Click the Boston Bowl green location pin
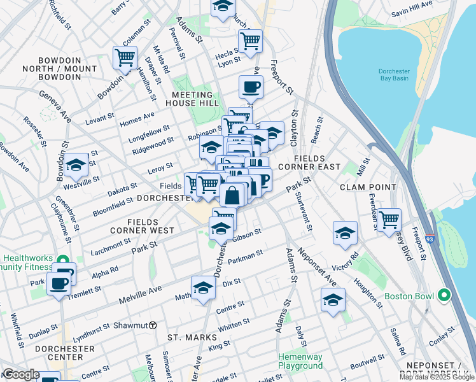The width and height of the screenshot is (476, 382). (x=444, y=297)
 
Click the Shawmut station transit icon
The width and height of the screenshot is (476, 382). (x=153, y=325)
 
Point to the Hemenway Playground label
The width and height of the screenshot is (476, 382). (x=300, y=361)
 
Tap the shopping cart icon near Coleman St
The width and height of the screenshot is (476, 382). (x=125, y=57)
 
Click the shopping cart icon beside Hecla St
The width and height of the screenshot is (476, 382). (x=250, y=41)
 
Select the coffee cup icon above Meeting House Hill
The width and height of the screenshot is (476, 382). (x=251, y=87)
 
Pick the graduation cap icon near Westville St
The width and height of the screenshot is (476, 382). (x=76, y=166)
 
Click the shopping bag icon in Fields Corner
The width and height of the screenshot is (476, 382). (x=232, y=195)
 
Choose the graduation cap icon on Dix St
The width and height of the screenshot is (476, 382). (x=203, y=288)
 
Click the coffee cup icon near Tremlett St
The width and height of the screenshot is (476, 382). (x=59, y=283)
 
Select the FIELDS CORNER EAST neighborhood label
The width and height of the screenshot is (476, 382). (x=317, y=162)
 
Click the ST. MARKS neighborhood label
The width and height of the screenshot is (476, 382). (x=188, y=336)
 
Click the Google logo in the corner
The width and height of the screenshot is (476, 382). (x=21, y=374)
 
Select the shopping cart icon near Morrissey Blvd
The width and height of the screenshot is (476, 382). (x=389, y=220)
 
